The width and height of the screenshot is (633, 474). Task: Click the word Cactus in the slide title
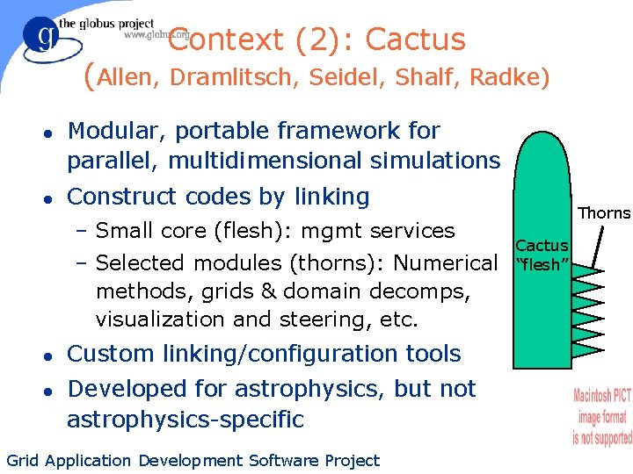[x=415, y=39]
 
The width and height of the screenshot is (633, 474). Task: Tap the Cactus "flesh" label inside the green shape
[x=542, y=255]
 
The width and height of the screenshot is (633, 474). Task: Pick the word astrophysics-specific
[x=185, y=419]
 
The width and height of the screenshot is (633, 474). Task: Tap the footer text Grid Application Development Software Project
[x=193, y=460]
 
